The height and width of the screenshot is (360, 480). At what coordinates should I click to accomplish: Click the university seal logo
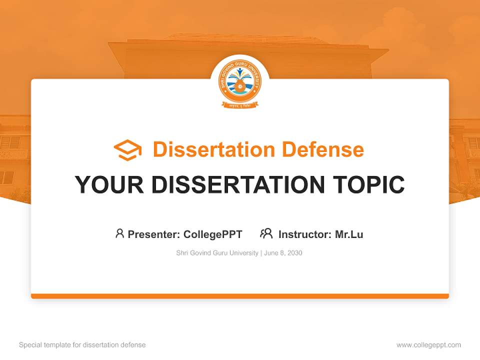[240, 82]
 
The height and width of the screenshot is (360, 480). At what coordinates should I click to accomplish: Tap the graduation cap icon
[127, 150]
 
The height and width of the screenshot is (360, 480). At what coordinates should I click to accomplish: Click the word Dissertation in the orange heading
[214, 149]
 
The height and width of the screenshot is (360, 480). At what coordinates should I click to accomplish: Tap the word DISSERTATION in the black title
[237, 184]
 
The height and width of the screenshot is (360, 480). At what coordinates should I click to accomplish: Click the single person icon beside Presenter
[119, 233]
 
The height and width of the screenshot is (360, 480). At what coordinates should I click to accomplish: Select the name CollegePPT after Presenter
[213, 234]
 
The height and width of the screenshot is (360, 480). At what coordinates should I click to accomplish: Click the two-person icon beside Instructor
[266, 233]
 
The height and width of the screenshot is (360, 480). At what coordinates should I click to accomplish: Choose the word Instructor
[304, 234]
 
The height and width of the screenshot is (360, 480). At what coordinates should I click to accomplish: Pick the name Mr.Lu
[349, 234]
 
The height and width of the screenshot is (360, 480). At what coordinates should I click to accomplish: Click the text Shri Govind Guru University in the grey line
[217, 253]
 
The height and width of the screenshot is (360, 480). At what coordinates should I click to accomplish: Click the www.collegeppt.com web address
[428, 345]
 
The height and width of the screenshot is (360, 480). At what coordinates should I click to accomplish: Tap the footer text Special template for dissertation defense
[82, 345]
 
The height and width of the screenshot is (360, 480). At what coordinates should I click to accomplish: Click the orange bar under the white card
[240, 296]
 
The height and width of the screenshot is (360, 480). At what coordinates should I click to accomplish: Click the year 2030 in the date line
[294, 253]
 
